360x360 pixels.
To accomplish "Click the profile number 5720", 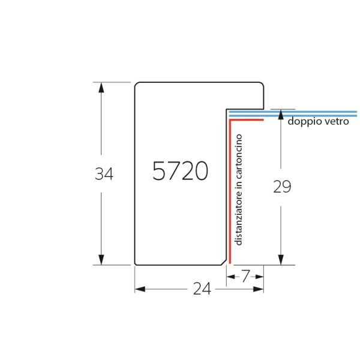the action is [180, 170].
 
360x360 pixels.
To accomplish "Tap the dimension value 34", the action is [104, 174].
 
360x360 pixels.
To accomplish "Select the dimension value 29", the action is [282, 187].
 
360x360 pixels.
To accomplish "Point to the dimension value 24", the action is [202, 289].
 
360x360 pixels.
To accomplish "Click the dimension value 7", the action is [245, 276].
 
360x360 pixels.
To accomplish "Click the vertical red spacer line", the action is [230, 191].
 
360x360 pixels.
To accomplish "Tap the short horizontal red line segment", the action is [247, 119].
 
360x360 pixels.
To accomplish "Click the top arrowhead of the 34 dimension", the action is [101, 88].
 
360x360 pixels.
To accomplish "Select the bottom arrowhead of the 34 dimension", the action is [101, 259].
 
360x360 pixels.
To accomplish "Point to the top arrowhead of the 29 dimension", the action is [281, 115].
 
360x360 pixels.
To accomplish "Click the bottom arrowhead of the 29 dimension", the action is [281, 260].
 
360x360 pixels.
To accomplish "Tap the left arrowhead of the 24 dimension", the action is [140, 289].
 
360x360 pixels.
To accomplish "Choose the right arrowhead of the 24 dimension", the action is [258, 289].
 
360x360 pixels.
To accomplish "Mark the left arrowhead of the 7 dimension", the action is [231, 277].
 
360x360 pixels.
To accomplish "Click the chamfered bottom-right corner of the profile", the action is [224, 262].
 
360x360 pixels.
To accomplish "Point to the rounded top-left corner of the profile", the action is [136, 84].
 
